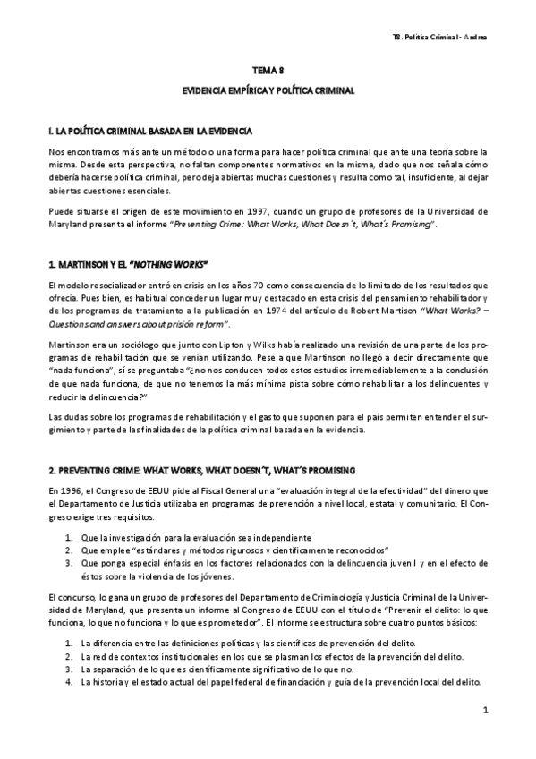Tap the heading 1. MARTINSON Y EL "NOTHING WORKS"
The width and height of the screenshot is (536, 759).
(x=129, y=264)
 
